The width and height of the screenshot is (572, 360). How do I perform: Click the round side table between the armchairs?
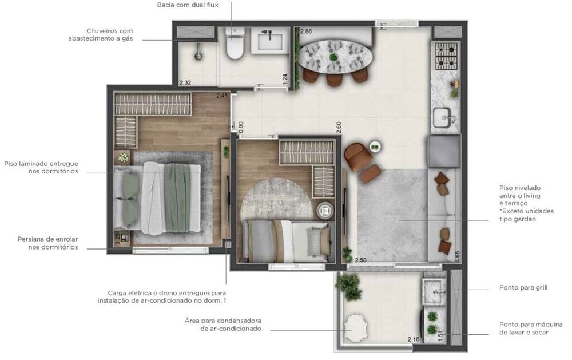click(x=374, y=147)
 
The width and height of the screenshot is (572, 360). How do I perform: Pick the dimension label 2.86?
click(x=306, y=31)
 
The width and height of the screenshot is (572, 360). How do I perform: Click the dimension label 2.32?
click(x=185, y=82)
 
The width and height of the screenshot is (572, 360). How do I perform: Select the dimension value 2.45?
click(x=222, y=96)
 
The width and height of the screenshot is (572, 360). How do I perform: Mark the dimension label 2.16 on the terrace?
click(x=414, y=340)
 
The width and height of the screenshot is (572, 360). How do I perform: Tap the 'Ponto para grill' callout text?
click(x=523, y=287)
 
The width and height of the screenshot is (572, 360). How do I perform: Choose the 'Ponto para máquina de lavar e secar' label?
click(x=523, y=328)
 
